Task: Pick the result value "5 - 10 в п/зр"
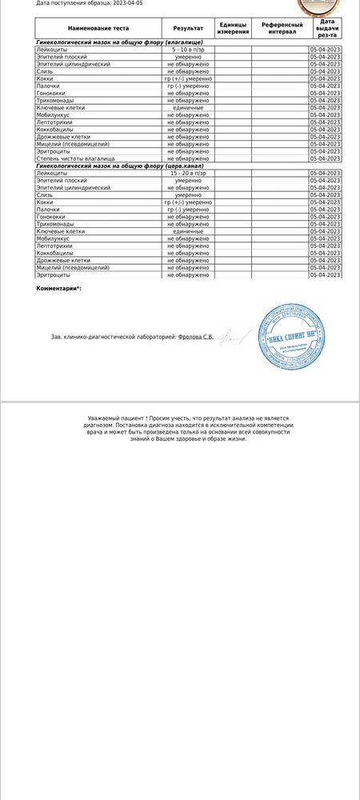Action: [x=188, y=50]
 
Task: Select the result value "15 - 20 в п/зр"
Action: [x=188, y=173]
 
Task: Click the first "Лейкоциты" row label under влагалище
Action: [x=54, y=50]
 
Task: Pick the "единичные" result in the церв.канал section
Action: [x=188, y=231]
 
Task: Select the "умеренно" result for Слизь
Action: [x=188, y=194]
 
